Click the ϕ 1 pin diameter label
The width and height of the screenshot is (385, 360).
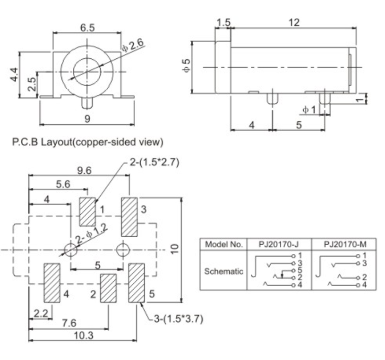(x=308, y=109)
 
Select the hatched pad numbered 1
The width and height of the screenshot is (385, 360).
(x=88, y=211)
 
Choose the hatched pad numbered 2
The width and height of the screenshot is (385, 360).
(x=108, y=288)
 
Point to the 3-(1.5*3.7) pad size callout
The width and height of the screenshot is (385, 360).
(x=176, y=319)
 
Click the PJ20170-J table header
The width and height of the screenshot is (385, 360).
(x=279, y=245)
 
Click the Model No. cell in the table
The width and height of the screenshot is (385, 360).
(x=223, y=245)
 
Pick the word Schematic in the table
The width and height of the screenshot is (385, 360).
(x=223, y=271)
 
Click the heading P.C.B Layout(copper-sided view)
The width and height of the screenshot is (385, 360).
(x=86, y=141)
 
